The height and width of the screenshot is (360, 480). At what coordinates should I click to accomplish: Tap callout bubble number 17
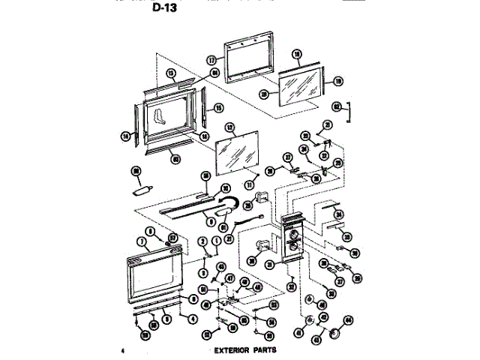point(211,59)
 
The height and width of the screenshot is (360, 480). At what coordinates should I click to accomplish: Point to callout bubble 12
point(230,127)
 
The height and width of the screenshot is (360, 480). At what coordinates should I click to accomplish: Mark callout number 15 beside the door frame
point(219,107)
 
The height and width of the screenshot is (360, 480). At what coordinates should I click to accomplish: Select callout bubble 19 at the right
point(338,80)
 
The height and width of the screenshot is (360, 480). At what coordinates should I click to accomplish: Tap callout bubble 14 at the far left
point(125,136)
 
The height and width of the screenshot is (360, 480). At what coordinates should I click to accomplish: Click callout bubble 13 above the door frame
point(170,73)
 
